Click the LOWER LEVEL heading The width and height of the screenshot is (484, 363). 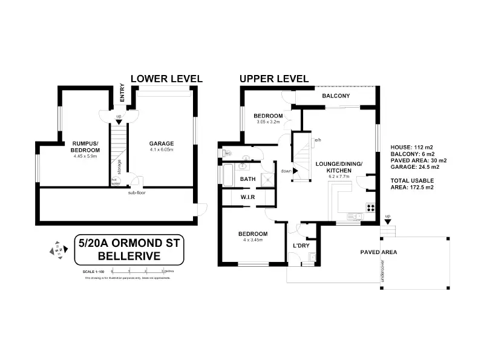coord(166,79)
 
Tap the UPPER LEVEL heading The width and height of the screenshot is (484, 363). coord(274,79)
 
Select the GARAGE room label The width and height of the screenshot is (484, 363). coord(162,143)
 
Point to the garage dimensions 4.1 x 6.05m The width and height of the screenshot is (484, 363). coord(162,151)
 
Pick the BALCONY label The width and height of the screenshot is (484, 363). coord(336,96)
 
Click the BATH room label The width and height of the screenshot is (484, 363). coord(248,179)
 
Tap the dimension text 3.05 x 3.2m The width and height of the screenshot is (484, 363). coord(267,122)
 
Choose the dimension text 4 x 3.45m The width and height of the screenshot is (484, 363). coord(253,240)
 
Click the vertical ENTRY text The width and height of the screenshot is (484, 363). coord(122,94)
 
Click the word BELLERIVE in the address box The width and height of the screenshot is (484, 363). coord(129,256)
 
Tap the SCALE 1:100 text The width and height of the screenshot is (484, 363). coord(93,272)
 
